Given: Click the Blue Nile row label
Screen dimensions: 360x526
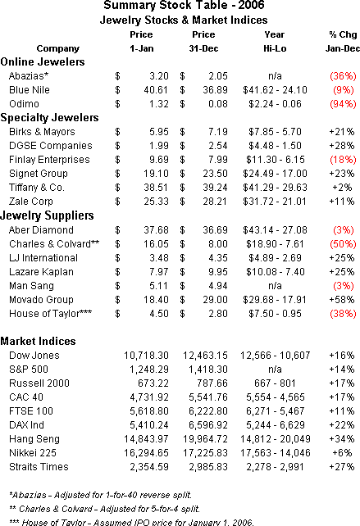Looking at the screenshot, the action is (x=30, y=90).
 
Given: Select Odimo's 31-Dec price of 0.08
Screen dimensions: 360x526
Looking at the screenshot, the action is (x=217, y=104).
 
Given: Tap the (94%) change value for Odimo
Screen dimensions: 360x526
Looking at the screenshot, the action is (x=343, y=104).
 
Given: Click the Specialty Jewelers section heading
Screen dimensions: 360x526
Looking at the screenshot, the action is (x=49, y=118).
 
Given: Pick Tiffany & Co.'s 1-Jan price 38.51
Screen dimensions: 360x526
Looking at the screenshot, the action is (x=156, y=187).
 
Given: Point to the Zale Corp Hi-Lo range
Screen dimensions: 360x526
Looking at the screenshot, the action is (x=275, y=202).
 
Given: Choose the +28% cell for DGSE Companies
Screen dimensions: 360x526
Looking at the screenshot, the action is (x=341, y=146).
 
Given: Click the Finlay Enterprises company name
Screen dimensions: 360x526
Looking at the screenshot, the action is (x=49, y=160).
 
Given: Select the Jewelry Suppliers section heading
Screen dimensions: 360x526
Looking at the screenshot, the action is (x=47, y=215).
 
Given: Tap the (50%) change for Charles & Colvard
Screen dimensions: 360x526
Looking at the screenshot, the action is (x=343, y=244).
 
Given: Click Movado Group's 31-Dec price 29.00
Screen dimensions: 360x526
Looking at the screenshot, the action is (x=215, y=300).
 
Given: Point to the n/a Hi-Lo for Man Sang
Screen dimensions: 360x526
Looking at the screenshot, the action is (x=275, y=286).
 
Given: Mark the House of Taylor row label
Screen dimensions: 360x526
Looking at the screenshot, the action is (x=50, y=314).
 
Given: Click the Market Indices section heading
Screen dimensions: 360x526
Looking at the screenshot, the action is (x=38, y=341).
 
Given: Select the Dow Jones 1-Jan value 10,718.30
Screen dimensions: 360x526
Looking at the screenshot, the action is (x=146, y=356).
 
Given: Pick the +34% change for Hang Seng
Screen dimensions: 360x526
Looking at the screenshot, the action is (x=341, y=439).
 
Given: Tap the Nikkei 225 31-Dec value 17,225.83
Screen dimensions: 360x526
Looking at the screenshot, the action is (x=205, y=453).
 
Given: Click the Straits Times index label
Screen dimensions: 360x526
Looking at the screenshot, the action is (x=39, y=467).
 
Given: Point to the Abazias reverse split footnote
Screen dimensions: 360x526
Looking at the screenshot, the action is (x=100, y=495).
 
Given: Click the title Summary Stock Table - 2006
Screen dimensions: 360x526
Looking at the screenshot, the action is (x=184, y=6).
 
